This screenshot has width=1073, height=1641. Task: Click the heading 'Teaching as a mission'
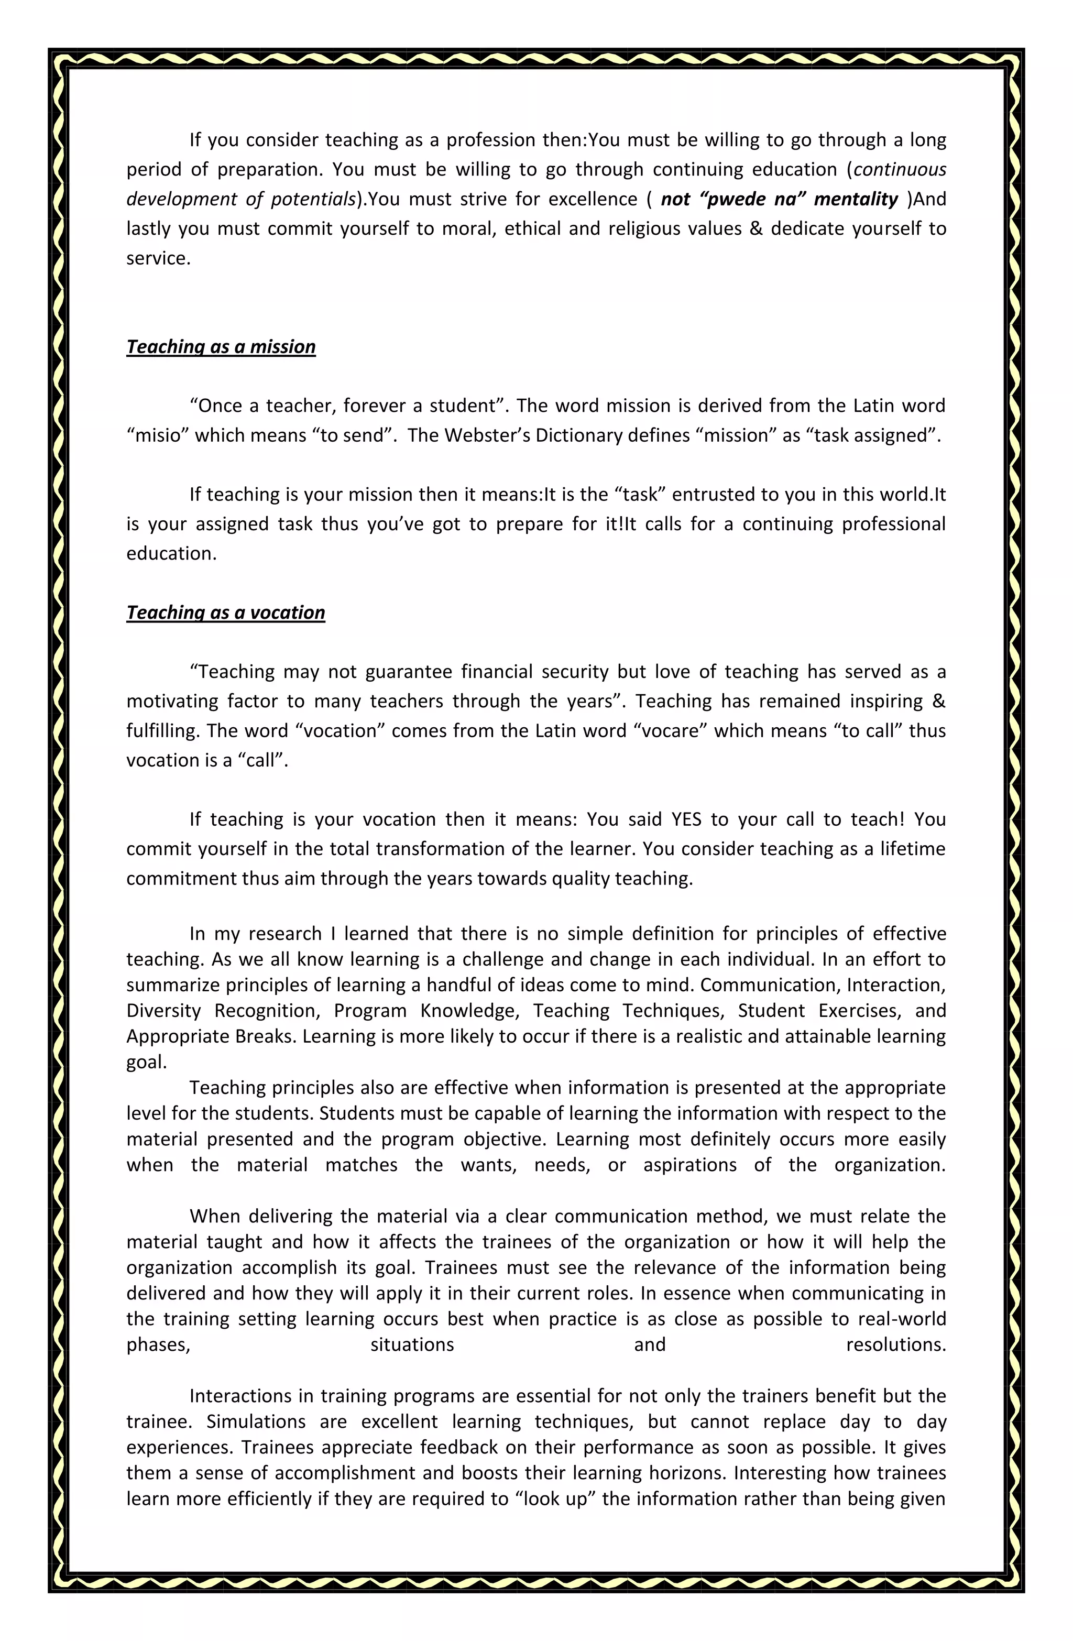[x=221, y=347]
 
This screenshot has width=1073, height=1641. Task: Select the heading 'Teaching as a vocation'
[x=225, y=613]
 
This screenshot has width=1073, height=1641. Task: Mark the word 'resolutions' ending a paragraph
[x=894, y=1344]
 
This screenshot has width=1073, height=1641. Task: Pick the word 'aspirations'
[x=689, y=1165]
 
